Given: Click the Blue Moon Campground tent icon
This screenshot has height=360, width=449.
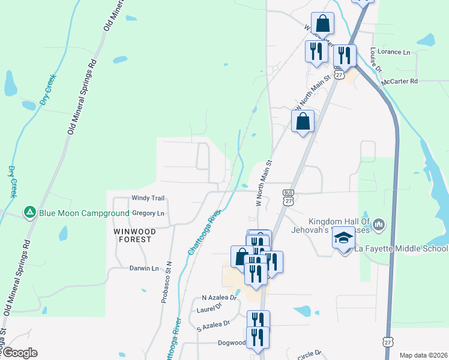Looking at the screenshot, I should pyautogui.click(x=29, y=212).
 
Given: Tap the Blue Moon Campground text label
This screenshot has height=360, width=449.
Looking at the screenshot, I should pyautogui.click(x=84, y=213).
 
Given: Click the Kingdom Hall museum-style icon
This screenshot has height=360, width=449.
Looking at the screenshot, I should pyautogui.click(x=379, y=225).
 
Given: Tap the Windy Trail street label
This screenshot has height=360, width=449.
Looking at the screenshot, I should pyautogui.click(x=148, y=198).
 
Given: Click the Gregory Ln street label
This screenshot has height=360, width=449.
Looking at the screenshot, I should pyautogui.click(x=148, y=213).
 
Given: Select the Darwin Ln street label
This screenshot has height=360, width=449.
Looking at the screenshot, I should pyautogui.click(x=144, y=268).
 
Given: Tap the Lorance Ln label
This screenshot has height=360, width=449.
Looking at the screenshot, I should pyautogui.click(x=394, y=52).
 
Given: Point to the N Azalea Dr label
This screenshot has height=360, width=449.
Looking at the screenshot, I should pyautogui.click(x=220, y=298).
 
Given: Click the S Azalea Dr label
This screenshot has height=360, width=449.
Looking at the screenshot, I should pyautogui.click(x=213, y=323).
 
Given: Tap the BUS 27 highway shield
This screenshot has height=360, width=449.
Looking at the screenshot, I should pyautogui.click(x=288, y=197).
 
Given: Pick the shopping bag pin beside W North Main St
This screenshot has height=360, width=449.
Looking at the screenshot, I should pyautogui.click(x=303, y=122).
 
